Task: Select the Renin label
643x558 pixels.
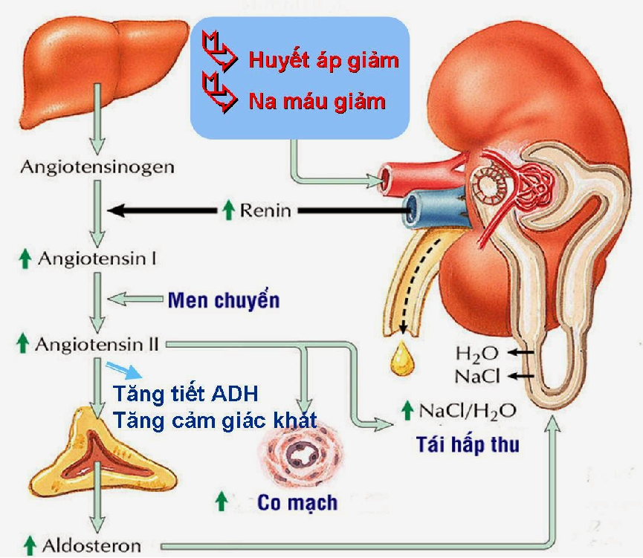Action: [265, 211]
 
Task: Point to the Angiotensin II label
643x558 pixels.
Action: [100, 344]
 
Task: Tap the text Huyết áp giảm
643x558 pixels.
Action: [323, 60]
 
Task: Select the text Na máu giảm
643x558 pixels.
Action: [317, 101]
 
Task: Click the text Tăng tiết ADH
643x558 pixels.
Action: [185, 393]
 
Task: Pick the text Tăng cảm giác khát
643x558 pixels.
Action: [216, 421]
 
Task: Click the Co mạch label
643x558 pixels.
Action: [297, 502]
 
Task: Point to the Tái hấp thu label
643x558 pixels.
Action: [468, 444]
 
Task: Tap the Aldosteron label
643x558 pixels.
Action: [91, 545]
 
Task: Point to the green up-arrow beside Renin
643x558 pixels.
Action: [229, 211]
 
